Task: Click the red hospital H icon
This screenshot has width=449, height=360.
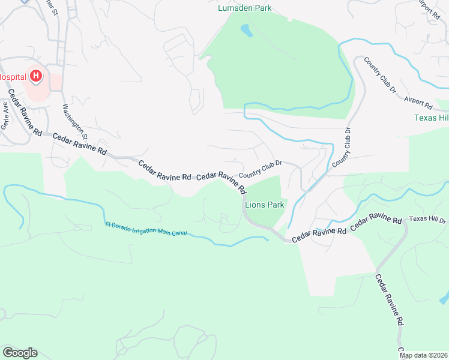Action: pos(36,76)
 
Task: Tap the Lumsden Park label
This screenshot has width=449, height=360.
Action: pos(244,8)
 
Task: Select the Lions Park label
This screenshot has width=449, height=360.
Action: pos(264,205)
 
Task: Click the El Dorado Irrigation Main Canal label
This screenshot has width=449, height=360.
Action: pos(149,229)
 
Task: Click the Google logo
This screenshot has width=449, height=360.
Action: pos(20,353)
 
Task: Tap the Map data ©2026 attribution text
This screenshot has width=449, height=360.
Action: pos(423,355)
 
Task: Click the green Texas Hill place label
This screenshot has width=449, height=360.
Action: pos(431,118)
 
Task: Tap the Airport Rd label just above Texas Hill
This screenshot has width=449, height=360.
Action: pos(418,103)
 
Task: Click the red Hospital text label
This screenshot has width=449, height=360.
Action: pos(12,77)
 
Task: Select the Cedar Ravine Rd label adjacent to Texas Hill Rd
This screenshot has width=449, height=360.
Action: pos(376,221)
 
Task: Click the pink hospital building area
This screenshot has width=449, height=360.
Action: pos(39,90)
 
